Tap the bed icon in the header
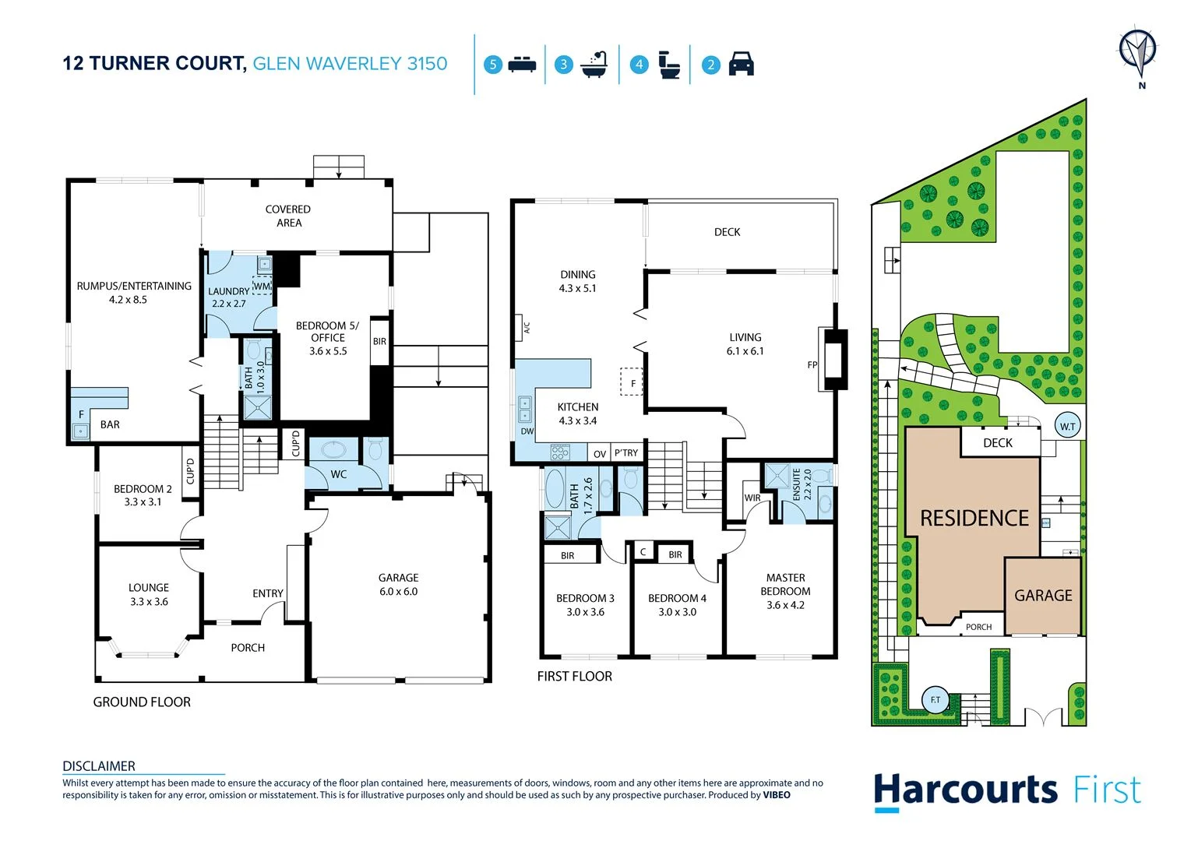pyautogui.click(x=522, y=65)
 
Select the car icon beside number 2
pyautogui.click(x=741, y=64)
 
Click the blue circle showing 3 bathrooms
pyautogui.click(x=564, y=65)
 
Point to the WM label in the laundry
pyautogui.click(x=262, y=286)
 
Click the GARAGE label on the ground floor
pyautogui.click(x=398, y=578)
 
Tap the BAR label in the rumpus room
pyautogui.click(x=110, y=424)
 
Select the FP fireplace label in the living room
pyautogui.click(x=812, y=364)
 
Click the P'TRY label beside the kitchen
pyautogui.click(x=625, y=453)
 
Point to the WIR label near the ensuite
pyautogui.click(x=752, y=498)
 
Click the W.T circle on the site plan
pyautogui.click(x=1067, y=426)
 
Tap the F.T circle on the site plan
pyautogui.click(x=935, y=699)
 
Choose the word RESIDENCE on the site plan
pyautogui.click(x=974, y=519)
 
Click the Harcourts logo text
pyautogui.click(x=965, y=790)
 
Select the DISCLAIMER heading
pyautogui.click(x=99, y=766)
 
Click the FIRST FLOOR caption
pyautogui.click(x=574, y=677)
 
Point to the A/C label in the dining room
pyautogui.click(x=527, y=328)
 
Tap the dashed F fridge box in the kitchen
pyautogui.click(x=632, y=382)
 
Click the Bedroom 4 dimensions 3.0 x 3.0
pyautogui.click(x=677, y=612)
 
